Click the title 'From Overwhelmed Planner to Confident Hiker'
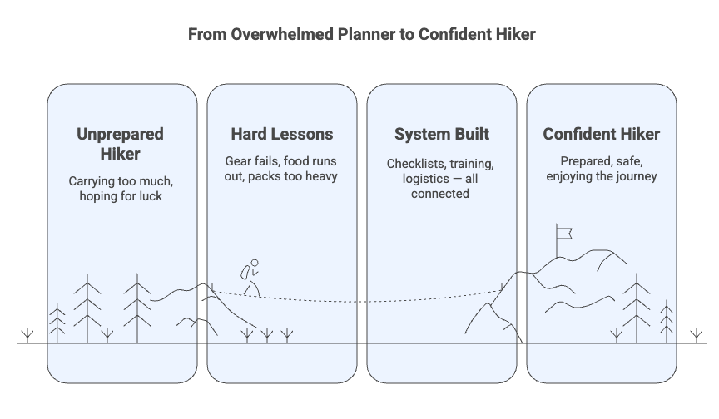359,35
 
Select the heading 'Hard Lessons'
281,134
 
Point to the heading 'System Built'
441,134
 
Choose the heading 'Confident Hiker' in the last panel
601,134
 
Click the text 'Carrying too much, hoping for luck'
121,189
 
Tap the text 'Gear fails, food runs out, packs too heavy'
281,168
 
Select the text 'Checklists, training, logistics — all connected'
441,178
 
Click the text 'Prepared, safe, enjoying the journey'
601,168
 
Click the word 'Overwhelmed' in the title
265,35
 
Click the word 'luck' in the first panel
153,197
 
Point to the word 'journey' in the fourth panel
634,176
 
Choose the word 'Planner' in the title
340,35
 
